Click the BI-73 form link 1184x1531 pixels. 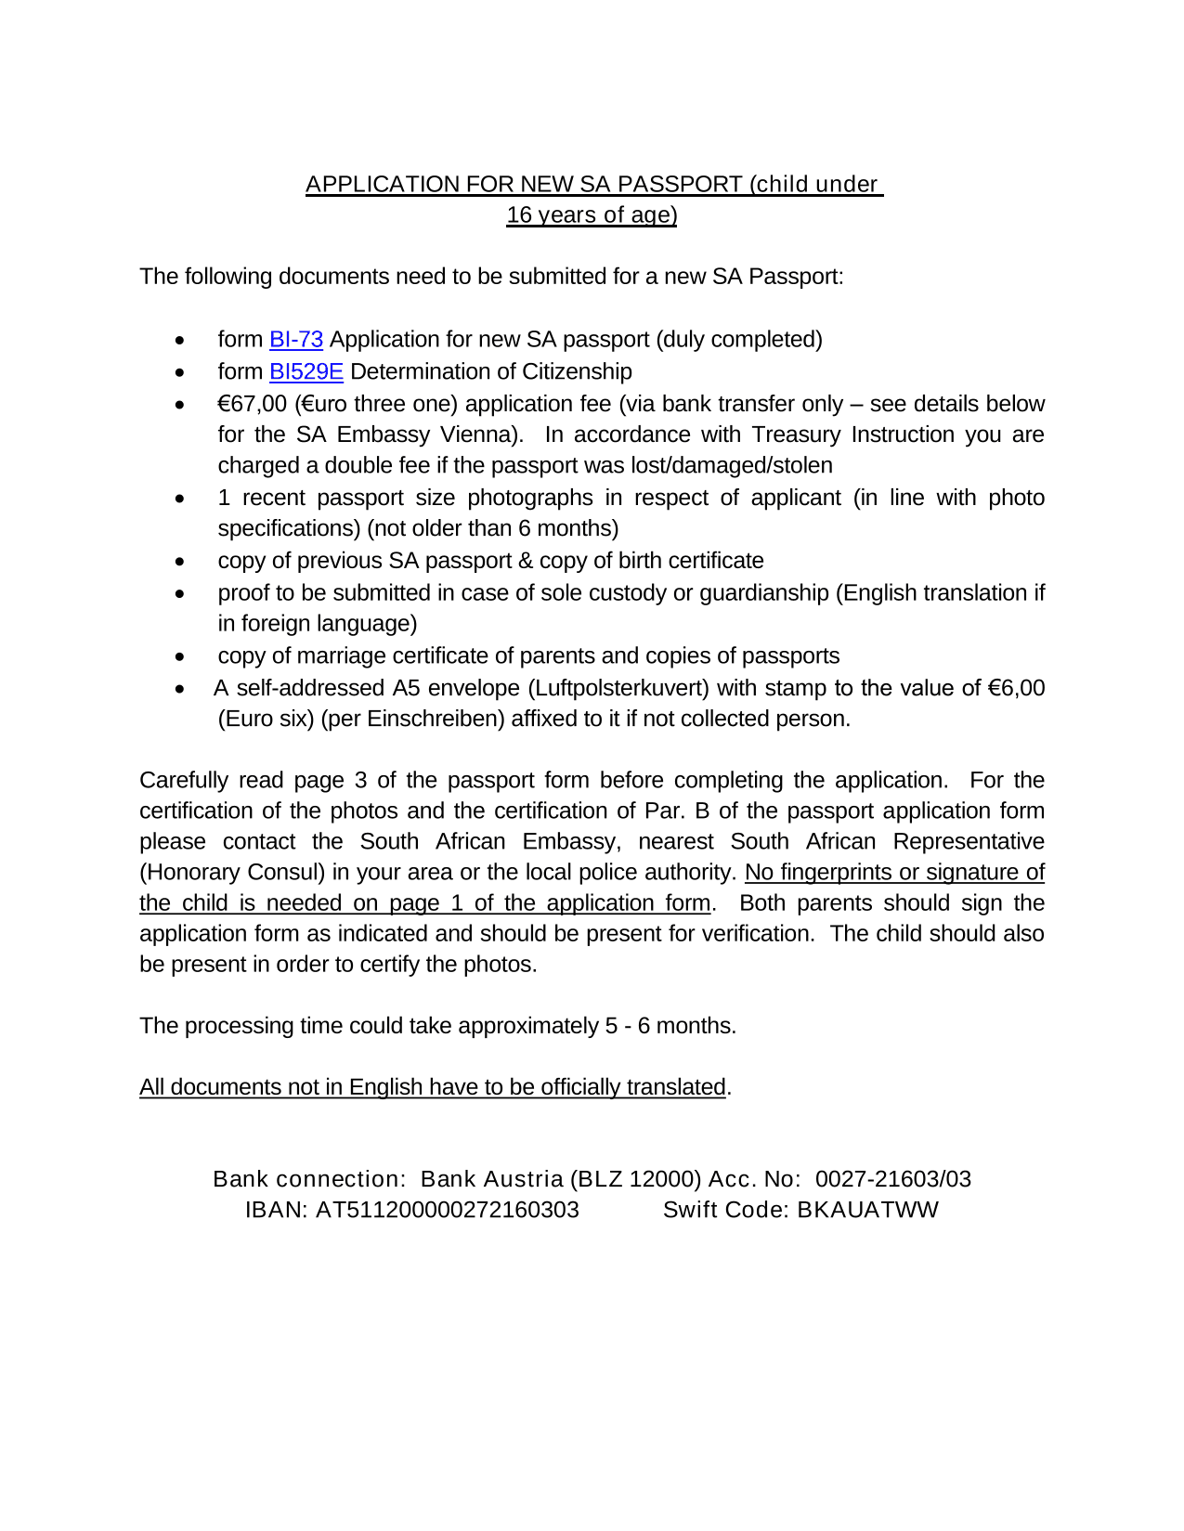[295, 340]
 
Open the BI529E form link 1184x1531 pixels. [306, 372]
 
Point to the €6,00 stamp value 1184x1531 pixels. [1016, 688]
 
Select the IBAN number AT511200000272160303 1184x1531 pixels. [448, 1210]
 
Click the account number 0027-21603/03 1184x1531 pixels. [892, 1179]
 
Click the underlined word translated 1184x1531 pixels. [675, 1087]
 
